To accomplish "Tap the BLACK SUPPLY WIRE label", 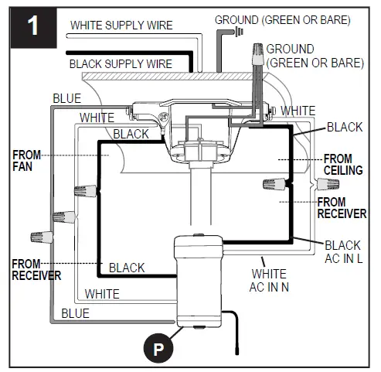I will pos(120,63).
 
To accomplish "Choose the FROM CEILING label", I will pos(342,163).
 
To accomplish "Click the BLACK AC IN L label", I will pos(342,252).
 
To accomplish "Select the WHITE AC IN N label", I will pos(269,280).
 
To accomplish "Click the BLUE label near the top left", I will pos(66,98).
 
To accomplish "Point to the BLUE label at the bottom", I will pos(75,313).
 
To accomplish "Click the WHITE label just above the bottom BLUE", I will pos(102,294).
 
